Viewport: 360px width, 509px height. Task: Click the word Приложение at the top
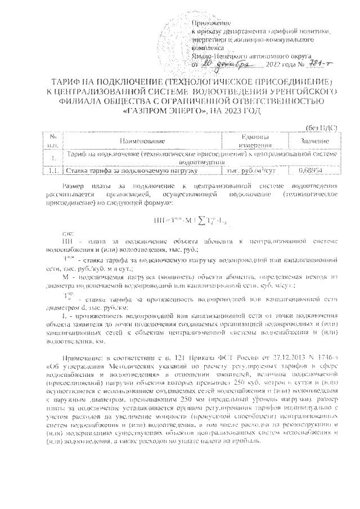[211, 21]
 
